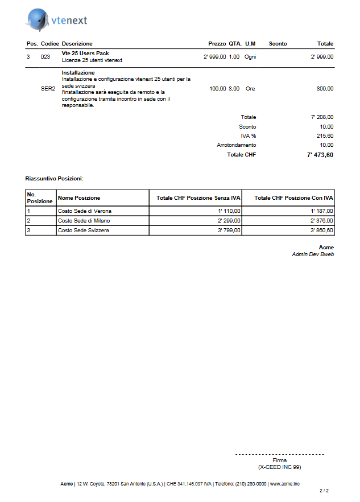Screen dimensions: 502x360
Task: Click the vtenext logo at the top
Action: coord(56,20)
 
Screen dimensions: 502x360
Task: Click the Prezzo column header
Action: coord(217,44)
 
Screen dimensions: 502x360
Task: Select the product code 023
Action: coord(45,57)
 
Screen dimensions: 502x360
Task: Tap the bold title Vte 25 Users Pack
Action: coord(85,54)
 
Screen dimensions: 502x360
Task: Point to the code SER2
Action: coord(48,89)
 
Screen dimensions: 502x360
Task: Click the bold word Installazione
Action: coord(78,73)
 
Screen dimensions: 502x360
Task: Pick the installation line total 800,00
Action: coord(325,89)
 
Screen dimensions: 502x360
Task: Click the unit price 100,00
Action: coord(218,89)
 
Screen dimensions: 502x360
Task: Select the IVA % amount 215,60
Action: coord(325,136)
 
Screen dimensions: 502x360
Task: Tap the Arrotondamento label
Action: coord(236,145)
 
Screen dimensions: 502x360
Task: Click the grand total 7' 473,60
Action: coord(320,155)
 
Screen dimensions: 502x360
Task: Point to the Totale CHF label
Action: coord(241,155)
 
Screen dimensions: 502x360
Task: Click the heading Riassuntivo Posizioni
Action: coord(54,179)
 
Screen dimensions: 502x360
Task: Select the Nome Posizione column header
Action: coord(79,198)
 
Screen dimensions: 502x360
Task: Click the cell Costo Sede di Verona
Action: coord(85,211)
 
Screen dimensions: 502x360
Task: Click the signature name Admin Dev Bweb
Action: coord(312,254)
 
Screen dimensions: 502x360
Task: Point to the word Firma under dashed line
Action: coord(279,460)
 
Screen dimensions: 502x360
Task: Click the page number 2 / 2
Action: coord(324,491)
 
